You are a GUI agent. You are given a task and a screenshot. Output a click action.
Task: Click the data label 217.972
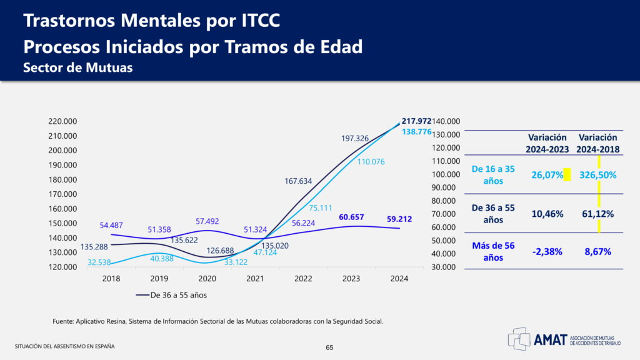[417, 121]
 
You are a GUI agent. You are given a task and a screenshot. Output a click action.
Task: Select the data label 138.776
[417, 132]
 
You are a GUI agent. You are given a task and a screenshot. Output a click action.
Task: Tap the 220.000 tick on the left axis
[62, 121]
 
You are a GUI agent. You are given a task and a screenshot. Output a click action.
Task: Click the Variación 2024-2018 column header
[597, 143]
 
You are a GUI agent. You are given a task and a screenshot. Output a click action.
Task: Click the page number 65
[330, 347]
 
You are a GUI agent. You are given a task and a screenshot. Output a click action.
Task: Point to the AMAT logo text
[550, 339]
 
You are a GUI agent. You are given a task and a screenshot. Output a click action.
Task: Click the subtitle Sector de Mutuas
[78, 68]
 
